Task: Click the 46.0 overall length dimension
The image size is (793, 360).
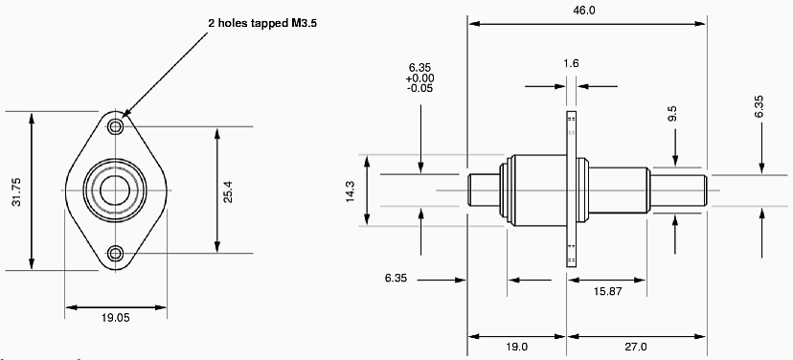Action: coord(584,11)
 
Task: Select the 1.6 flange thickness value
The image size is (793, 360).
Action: coord(571,63)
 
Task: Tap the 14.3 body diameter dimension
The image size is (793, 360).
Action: coord(351,191)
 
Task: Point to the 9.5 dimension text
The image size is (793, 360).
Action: coord(672,113)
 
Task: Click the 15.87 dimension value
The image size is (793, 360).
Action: coord(608,291)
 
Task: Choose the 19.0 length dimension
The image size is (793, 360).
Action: coord(516,347)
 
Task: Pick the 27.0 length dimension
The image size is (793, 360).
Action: coord(635,347)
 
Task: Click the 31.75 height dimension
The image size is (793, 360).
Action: coord(17,191)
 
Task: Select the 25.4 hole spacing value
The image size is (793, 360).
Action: coord(229,191)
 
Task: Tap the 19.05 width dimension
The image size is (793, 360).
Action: coord(115,318)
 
